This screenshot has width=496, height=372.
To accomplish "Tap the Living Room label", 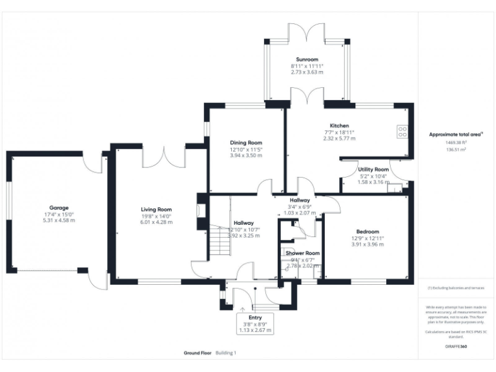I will point(156,209).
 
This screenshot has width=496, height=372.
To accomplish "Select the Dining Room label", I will point(246,143).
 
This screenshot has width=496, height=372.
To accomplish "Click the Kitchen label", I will point(339,125).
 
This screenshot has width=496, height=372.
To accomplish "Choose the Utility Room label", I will point(373,169).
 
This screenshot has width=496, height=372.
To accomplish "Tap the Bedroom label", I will point(367,231).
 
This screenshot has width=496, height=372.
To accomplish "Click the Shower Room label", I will point(303,253).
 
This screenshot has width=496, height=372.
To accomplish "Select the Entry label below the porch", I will point(255,318).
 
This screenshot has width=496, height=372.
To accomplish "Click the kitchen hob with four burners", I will point(402,131).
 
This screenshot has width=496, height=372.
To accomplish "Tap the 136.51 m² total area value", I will point(456,149).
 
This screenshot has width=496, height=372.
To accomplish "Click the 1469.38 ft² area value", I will point(456,142).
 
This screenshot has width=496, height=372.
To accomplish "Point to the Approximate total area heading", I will point(456,134).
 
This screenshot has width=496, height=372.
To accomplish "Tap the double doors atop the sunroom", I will point(307,32).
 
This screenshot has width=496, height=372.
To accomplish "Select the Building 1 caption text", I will point(226,353).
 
